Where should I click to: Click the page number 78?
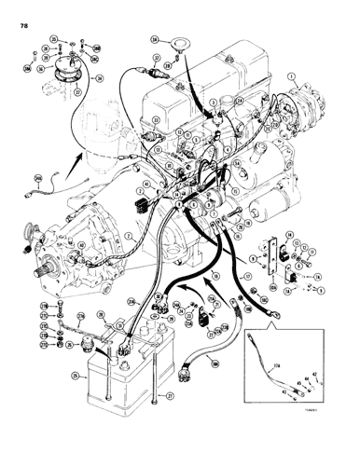pyautogui.click(x=20, y=12)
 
